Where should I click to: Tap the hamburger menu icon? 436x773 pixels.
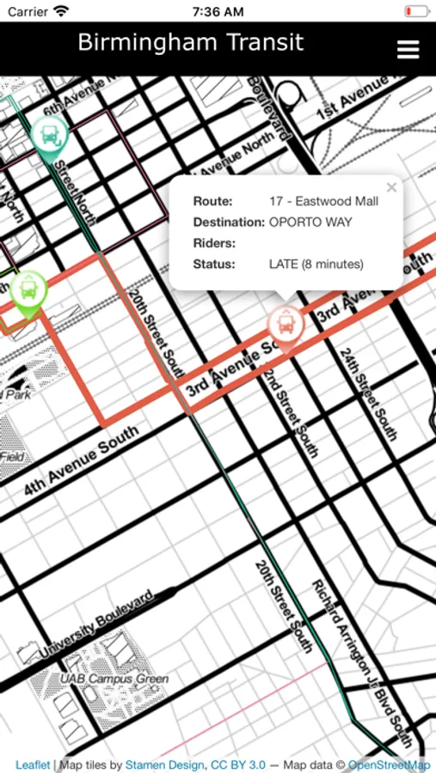click(x=408, y=49)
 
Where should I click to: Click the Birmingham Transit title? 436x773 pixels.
click(x=190, y=43)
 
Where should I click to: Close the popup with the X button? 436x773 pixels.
click(x=391, y=187)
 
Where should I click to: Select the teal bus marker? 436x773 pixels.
click(x=50, y=135)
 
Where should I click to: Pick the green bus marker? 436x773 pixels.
click(x=29, y=290)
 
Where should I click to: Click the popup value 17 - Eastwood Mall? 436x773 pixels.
click(x=323, y=202)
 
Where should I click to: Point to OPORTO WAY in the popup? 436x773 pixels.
click(x=310, y=222)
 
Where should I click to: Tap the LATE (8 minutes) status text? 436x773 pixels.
click(x=316, y=264)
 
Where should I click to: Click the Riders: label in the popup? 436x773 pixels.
click(x=214, y=243)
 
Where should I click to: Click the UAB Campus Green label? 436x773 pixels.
click(x=114, y=679)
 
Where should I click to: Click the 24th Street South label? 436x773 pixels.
click(x=367, y=393)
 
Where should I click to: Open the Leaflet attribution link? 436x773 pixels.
click(x=33, y=764)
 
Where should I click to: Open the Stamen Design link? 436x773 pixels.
click(x=165, y=764)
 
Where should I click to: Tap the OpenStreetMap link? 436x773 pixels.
click(x=389, y=764)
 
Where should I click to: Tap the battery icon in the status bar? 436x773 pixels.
click(x=416, y=12)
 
